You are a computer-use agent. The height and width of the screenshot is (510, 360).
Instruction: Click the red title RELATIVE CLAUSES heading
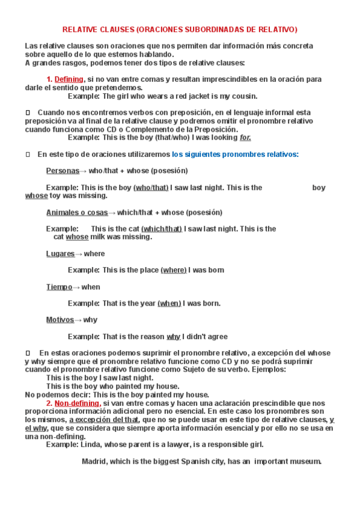tap(180, 29)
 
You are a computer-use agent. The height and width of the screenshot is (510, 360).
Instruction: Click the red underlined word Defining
tap(69, 79)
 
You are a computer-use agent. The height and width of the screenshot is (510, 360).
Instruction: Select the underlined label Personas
tap(63, 170)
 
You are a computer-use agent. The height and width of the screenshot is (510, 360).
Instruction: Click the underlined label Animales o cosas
tap(77, 212)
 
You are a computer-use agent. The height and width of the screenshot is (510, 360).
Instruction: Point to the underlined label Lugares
tap(60, 254)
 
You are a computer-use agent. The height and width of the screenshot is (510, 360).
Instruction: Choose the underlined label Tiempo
tap(59, 287)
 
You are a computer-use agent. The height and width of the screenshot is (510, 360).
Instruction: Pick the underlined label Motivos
tap(60, 320)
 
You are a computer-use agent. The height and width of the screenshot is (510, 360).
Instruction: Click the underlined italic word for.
tap(245, 137)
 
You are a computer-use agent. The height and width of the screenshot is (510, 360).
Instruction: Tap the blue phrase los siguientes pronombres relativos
tap(235, 154)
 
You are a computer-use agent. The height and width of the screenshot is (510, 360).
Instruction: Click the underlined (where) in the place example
tap(174, 270)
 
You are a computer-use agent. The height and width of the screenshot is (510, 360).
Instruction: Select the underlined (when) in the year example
tap(169, 303)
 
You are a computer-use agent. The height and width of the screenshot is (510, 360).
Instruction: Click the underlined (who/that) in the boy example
tap(151, 187)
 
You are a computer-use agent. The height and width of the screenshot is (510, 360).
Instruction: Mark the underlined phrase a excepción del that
tap(104, 420)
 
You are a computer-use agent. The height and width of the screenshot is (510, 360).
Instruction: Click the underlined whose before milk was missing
tap(77, 237)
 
